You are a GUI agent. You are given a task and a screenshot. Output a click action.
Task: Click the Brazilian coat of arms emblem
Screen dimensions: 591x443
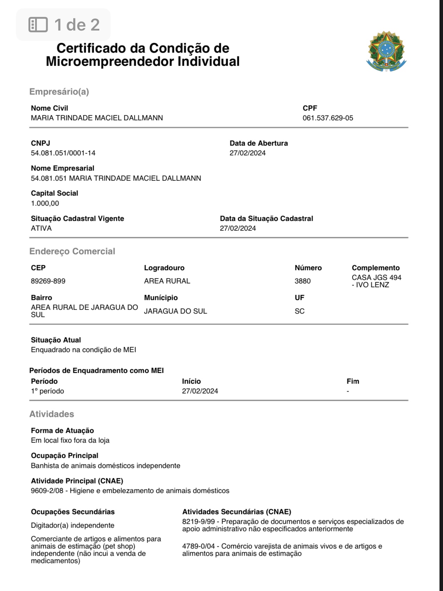click(386, 51)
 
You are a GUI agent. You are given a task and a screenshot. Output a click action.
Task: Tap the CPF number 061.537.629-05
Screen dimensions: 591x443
click(327, 118)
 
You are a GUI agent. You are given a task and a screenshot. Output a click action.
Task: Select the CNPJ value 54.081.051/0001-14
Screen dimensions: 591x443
click(63, 153)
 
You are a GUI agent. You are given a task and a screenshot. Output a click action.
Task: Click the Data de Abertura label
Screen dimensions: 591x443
click(258, 143)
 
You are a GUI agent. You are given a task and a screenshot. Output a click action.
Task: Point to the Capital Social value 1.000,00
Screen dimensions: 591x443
click(45, 203)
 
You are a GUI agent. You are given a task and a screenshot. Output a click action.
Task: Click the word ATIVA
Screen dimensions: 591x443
click(41, 228)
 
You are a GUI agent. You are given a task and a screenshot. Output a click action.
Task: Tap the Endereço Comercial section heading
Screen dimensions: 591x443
click(72, 251)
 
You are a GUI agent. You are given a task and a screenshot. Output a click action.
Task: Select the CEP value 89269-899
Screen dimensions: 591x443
click(48, 281)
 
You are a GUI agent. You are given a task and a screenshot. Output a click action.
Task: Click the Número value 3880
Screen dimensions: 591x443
click(302, 281)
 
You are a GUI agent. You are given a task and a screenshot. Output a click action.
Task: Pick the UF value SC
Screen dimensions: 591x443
click(299, 311)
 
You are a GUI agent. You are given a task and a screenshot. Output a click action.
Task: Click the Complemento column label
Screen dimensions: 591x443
click(375, 268)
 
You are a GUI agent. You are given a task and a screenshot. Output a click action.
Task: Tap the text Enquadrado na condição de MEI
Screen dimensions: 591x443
click(83, 349)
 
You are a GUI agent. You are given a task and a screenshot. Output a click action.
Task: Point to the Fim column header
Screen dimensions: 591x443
click(352, 381)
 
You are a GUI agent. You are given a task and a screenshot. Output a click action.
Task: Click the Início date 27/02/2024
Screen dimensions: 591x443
click(200, 391)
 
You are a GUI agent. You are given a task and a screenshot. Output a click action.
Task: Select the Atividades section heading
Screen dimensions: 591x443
click(51, 414)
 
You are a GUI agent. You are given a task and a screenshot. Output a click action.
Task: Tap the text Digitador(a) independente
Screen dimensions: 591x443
click(72, 525)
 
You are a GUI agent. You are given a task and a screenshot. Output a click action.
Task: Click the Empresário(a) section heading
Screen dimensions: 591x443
click(59, 92)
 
